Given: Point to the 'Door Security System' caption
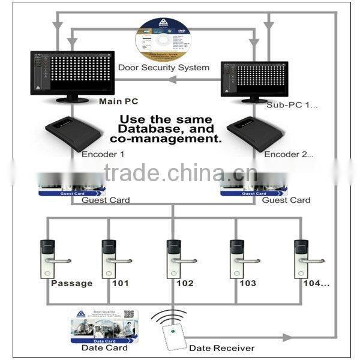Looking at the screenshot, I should [164, 67].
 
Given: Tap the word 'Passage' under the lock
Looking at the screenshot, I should [72, 284].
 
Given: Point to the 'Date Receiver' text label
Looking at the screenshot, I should [222, 348].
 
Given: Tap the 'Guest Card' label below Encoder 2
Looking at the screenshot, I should [286, 200].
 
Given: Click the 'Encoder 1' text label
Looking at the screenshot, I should [103, 154].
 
